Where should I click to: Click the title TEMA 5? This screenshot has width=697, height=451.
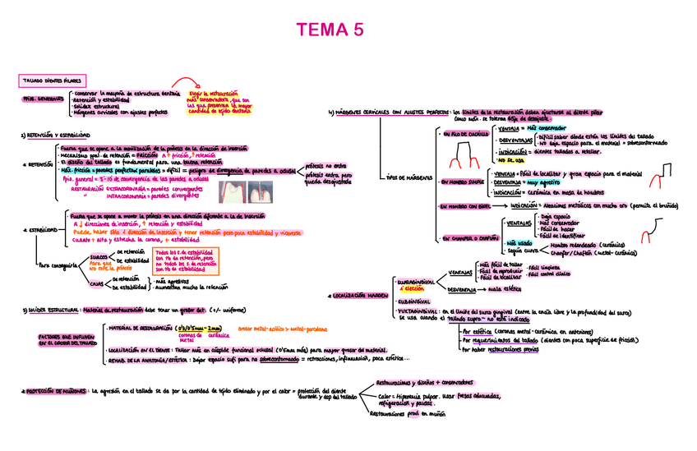point(329,30)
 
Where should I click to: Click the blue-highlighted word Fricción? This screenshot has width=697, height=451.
point(145,154)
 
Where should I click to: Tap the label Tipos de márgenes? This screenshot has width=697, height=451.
point(407,177)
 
